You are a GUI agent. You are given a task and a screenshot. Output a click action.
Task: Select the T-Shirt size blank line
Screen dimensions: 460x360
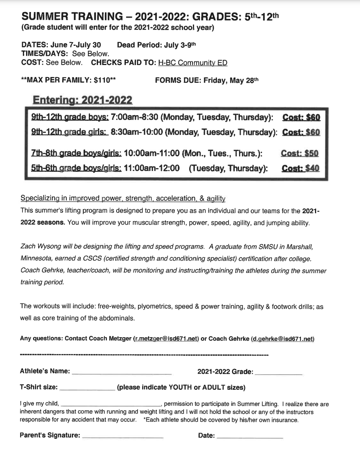(x=87, y=388)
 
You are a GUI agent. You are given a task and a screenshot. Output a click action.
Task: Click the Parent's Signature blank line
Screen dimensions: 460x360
(x=123, y=436)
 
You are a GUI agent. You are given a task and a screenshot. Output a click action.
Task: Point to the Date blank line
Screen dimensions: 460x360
(x=250, y=436)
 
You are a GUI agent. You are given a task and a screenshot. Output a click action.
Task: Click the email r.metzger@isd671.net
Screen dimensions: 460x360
(x=166, y=339)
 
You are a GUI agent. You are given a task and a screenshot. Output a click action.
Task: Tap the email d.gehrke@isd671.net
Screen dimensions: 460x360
(x=283, y=339)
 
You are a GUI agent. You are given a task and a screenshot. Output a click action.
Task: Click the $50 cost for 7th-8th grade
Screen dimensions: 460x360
(x=312, y=153)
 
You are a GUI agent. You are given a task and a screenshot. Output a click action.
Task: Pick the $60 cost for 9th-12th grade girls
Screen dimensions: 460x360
(x=313, y=132)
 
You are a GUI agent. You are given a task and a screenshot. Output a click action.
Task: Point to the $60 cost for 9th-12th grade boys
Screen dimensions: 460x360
(x=313, y=118)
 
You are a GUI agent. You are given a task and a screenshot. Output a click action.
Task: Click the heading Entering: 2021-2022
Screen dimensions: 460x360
(x=82, y=100)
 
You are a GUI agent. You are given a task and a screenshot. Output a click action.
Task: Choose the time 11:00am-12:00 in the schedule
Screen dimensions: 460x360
(x=152, y=168)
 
